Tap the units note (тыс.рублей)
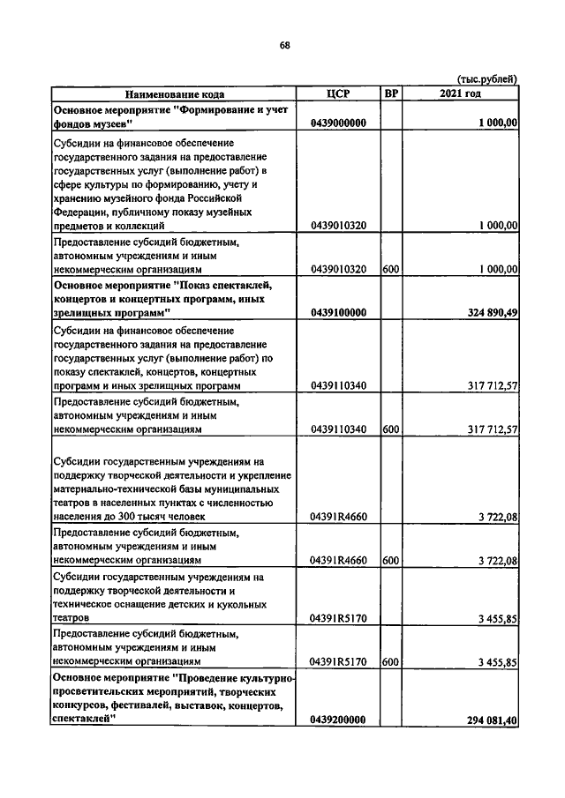[487, 79]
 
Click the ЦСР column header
[339, 93]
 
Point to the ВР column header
[392, 93]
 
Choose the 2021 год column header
[461, 93]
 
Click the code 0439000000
[338, 124]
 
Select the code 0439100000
[338, 312]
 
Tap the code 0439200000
[338, 720]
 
